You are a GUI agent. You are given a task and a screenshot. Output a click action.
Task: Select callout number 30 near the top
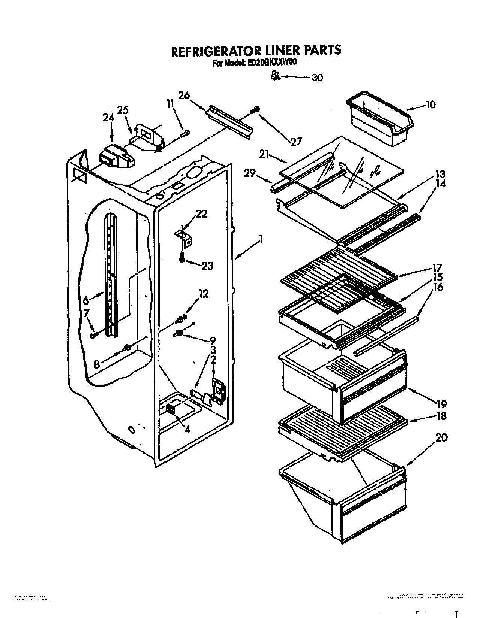317,78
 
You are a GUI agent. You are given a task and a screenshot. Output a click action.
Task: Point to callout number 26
184,96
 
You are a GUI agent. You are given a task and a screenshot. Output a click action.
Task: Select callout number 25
123,110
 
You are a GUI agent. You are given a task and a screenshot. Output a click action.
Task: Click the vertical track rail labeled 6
111,273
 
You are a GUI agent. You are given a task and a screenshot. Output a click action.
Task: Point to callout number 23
207,266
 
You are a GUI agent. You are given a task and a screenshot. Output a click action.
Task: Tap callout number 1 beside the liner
260,239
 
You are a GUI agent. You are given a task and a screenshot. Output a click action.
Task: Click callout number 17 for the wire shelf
437,267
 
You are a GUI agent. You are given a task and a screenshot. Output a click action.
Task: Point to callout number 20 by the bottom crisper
441,437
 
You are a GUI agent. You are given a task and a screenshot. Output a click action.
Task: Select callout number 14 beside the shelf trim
441,184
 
